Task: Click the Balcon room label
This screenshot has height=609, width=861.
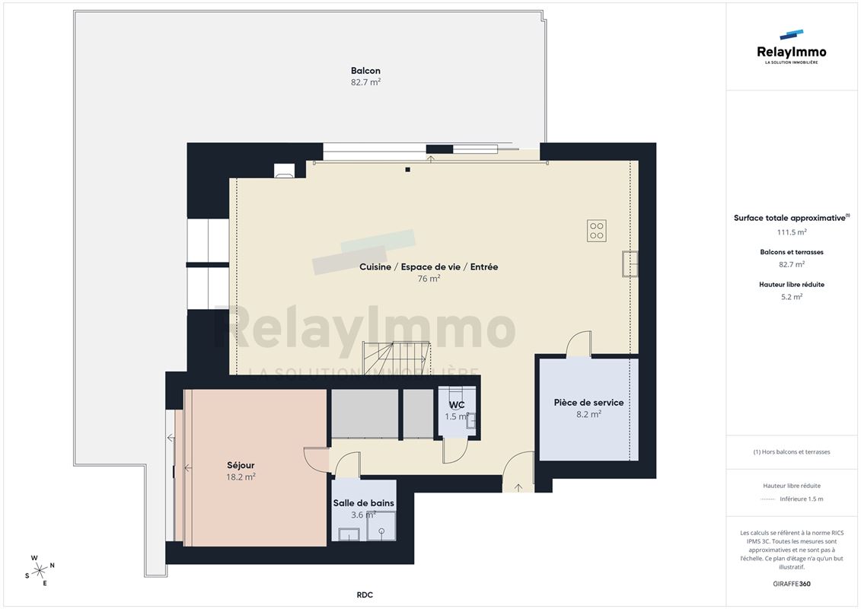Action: point(365,71)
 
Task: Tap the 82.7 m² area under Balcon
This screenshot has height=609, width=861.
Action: point(365,82)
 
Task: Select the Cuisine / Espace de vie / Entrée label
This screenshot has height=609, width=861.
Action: point(429,267)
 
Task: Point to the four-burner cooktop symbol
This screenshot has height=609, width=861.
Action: point(596,231)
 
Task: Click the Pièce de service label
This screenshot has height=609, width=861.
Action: point(588,403)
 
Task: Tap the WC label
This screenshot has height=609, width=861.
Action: point(457,405)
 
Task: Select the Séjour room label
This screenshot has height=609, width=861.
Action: point(241,466)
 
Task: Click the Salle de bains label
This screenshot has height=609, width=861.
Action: point(364,503)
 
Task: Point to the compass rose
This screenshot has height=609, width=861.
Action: point(40,571)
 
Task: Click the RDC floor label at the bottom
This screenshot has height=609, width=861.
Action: point(365,595)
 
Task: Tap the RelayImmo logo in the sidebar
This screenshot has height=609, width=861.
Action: point(791,47)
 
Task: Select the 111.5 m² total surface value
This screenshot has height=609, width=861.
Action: point(792,232)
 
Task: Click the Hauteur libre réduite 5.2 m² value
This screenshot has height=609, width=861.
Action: point(792,297)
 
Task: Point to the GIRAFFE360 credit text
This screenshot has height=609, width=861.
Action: point(792,584)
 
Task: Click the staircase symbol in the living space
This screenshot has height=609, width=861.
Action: point(395,358)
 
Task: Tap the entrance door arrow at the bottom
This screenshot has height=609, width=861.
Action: point(518,487)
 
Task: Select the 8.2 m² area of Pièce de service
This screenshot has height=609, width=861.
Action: point(588,414)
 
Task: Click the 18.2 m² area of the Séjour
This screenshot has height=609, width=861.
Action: point(241,477)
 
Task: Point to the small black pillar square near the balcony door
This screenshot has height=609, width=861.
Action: point(408,170)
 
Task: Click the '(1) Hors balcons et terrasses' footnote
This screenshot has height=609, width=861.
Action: point(792,452)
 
